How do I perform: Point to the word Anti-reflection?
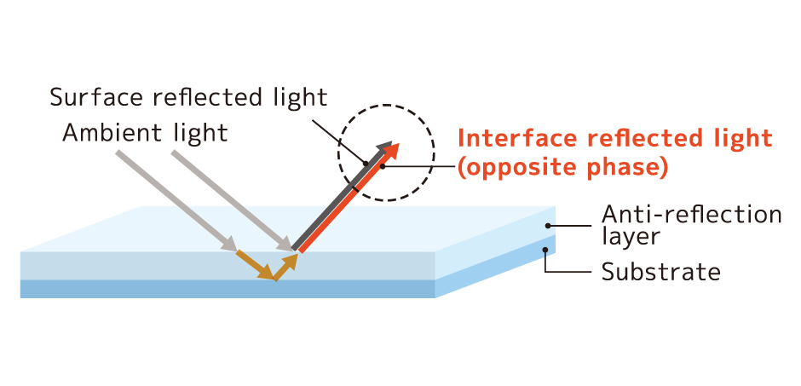coord(691,214)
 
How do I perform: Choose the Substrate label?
coord(660,273)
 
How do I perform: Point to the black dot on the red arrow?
coord(383,166)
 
